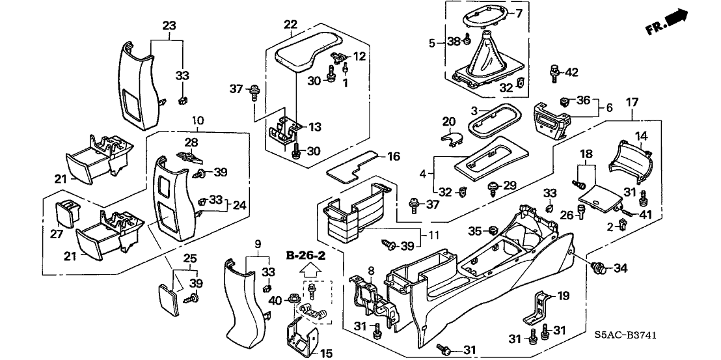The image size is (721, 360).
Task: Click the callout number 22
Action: [x=290, y=24]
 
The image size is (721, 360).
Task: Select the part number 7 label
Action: [x=519, y=13]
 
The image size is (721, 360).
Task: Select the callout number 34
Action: [x=621, y=268]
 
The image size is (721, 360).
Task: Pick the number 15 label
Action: [x=326, y=353]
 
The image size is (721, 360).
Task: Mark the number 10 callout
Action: [x=198, y=120]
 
